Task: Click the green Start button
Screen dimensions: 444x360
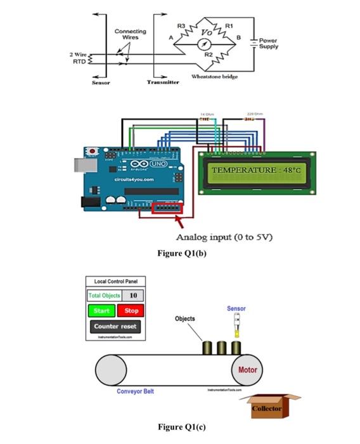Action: pyautogui.click(x=101, y=311)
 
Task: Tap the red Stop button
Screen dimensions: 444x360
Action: pyautogui.click(x=131, y=311)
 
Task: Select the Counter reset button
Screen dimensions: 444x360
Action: pyautogui.click(x=115, y=326)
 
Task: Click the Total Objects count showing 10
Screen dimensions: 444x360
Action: pyautogui.click(x=132, y=296)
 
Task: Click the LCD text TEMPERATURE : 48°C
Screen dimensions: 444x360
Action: pyautogui.click(x=256, y=171)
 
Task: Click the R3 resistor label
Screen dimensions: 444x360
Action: pyautogui.click(x=181, y=25)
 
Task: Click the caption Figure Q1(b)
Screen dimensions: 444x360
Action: pyautogui.click(x=182, y=253)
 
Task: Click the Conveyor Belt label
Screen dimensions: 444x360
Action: pyautogui.click(x=135, y=391)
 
